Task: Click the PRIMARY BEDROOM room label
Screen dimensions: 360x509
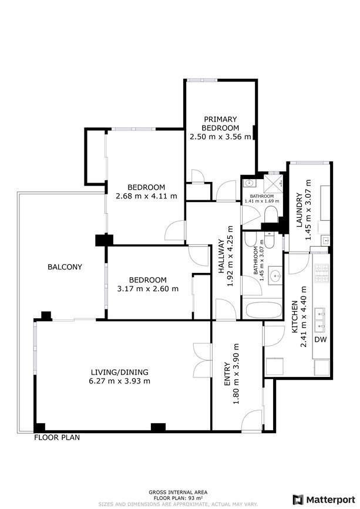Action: tap(220, 124)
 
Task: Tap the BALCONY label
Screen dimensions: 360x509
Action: tap(65, 267)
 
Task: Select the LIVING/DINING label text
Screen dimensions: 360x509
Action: tap(119, 372)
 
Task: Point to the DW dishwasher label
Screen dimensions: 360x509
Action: tap(321, 339)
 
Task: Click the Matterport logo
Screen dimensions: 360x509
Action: tap(324, 499)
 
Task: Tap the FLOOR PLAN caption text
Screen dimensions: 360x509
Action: tap(57, 437)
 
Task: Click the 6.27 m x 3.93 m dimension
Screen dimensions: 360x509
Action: tap(119, 381)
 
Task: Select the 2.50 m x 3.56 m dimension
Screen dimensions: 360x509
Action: tap(220, 137)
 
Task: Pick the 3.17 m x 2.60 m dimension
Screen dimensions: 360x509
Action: tap(148, 289)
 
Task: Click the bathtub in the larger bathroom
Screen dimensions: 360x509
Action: tap(264, 311)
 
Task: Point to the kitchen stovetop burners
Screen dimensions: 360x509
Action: tap(321, 273)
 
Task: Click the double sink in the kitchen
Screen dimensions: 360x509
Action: tap(321, 321)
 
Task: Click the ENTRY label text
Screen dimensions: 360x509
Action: tap(227, 374)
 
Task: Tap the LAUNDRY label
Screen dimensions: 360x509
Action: tap(300, 210)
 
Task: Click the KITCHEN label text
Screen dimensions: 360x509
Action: tap(295, 317)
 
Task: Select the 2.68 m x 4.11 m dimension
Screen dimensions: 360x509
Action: tap(146, 196)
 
